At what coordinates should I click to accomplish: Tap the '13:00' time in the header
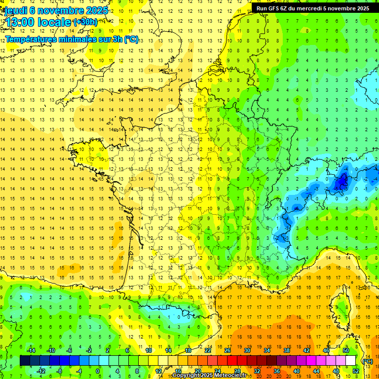click(20, 22)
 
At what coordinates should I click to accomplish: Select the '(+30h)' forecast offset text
click(85, 22)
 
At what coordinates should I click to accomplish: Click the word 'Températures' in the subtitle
click(31, 39)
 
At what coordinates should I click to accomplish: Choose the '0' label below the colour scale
click(97, 371)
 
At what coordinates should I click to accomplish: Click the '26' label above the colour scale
click(227, 350)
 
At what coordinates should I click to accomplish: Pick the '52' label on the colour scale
click(355, 371)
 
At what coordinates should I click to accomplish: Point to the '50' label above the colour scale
click(345, 350)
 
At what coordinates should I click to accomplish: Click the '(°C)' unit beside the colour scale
click(367, 361)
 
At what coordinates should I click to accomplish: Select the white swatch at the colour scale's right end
click(351, 361)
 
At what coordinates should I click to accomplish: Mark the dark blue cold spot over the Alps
click(341, 182)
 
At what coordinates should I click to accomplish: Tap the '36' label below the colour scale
click(276, 371)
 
